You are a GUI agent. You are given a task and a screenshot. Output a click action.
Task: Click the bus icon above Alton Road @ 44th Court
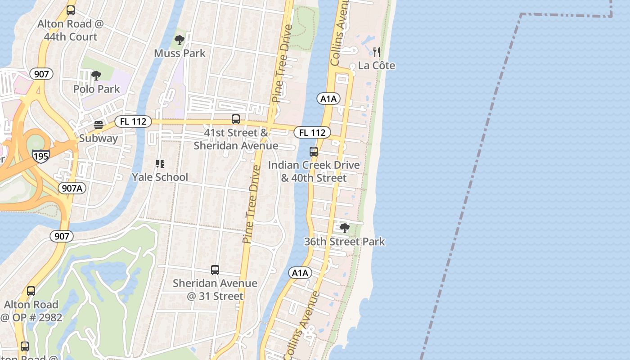pyautogui.click(x=70, y=10)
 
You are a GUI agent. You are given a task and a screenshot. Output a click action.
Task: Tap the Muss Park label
pyautogui.click(x=180, y=53)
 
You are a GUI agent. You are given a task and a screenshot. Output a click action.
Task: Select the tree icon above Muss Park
pyautogui.click(x=180, y=40)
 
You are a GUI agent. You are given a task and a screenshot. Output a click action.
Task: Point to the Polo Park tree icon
pyautogui.click(x=96, y=76)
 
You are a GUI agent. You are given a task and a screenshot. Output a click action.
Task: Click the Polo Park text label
pyautogui.click(x=96, y=89)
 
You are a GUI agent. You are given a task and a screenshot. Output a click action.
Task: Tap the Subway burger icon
pyautogui.click(x=98, y=125)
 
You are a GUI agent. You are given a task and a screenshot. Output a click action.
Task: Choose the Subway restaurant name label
pyautogui.click(x=98, y=138)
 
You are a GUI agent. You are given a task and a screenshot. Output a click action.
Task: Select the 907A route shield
pyautogui.click(x=72, y=188)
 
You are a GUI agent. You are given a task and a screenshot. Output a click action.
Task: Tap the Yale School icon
pyautogui.click(x=160, y=164)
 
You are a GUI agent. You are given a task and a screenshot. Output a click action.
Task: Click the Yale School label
pyautogui.click(x=160, y=177)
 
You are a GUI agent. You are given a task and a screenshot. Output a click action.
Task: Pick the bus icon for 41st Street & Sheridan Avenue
pyautogui.click(x=235, y=119)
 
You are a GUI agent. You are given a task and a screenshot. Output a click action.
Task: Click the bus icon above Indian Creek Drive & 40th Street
pyautogui.click(x=314, y=152)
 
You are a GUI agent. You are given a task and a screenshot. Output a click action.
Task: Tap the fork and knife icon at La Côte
pyautogui.click(x=377, y=52)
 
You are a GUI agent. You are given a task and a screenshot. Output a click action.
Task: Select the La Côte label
pyautogui.click(x=377, y=66)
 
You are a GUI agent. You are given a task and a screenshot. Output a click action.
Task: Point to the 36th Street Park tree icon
pyautogui.click(x=344, y=228)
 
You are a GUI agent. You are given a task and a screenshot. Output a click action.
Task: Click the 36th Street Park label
pyautogui.click(x=344, y=242)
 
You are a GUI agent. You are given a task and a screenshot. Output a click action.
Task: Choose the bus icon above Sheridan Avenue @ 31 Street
pyautogui.click(x=215, y=270)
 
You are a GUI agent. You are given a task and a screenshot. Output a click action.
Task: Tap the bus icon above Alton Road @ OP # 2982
pyautogui.click(x=31, y=291)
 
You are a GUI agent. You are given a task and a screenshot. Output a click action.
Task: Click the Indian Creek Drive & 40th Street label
pyautogui.click(x=314, y=171)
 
